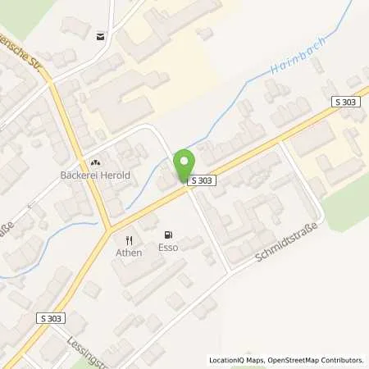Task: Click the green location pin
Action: point(184,161)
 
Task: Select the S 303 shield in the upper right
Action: point(345,100)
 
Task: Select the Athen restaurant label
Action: point(129,253)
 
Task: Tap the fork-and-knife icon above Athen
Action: point(128,239)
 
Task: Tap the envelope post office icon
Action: point(100,35)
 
